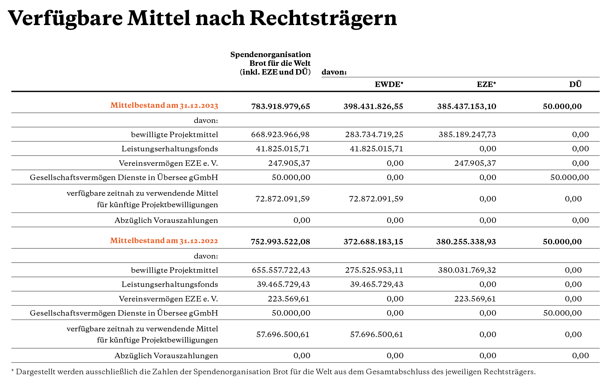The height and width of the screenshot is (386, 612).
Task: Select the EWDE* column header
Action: [x=389, y=84]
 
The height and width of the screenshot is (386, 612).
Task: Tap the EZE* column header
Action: [x=486, y=84]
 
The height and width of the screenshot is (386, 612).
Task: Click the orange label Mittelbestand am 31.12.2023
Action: [x=164, y=105]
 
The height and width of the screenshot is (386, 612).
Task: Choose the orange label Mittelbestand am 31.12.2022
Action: [x=164, y=241]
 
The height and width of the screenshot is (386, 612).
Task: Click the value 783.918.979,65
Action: [x=280, y=106]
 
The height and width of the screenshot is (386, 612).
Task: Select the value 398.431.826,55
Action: [x=373, y=106]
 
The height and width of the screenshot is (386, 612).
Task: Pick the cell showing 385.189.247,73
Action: [x=467, y=134]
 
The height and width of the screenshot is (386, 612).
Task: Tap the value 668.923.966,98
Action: [x=280, y=134]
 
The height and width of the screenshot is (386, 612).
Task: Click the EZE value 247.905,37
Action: [x=475, y=163]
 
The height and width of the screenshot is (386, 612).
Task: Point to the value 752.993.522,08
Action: [x=280, y=242]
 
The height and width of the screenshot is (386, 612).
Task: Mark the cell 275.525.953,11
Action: [x=374, y=270]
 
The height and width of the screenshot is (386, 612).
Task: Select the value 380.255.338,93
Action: [x=466, y=242]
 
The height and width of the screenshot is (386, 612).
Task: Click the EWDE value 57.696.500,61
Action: [x=376, y=334]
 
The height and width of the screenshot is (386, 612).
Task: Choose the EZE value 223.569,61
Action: [x=475, y=299]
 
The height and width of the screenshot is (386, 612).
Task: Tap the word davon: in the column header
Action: [x=334, y=72]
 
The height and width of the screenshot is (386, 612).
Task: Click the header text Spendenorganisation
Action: [x=271, y=55]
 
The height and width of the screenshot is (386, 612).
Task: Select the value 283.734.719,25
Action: [x=374, y=134]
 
